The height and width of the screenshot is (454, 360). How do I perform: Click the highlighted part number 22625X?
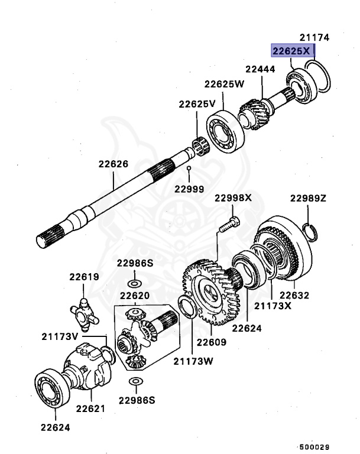click(291, 51)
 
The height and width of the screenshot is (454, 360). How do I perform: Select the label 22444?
click(261, 69)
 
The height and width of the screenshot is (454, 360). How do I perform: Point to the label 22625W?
click(224, 83)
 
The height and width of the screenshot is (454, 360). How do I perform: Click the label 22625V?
click(197, 104)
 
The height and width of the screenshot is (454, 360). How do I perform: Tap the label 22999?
click(189, 189)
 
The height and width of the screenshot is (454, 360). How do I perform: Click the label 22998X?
click(233, 197)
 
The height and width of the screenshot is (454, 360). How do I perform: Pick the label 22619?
click(83, 277)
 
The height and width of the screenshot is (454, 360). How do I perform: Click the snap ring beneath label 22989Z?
click(310, 231)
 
